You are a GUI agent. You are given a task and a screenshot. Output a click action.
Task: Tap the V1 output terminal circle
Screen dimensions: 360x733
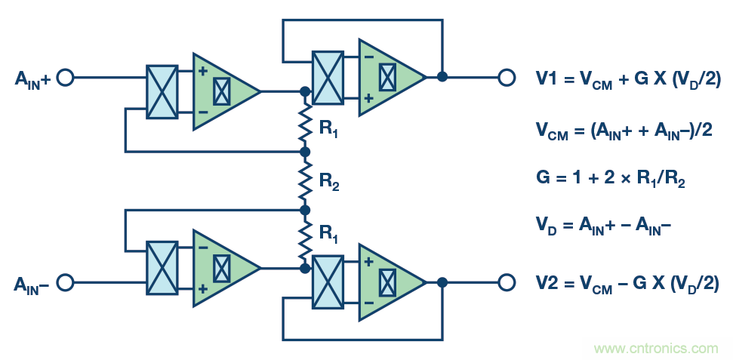click(506, 77)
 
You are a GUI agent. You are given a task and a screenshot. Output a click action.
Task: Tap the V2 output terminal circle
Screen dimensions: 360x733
click(506, 282)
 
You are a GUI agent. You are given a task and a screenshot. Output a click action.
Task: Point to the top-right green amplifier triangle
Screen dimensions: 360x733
click(387, 77)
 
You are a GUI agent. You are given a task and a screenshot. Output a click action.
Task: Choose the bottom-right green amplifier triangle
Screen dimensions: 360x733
click(387, 282)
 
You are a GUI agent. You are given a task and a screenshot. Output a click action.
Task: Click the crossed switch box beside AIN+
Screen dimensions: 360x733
click(162, 91)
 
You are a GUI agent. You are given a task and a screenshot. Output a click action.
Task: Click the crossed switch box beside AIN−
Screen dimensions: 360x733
click(162, 268)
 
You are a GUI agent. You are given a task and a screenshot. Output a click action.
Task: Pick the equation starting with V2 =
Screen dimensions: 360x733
click(627, 283)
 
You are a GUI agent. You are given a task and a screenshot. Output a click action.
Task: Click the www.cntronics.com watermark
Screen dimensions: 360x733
click(656, 348)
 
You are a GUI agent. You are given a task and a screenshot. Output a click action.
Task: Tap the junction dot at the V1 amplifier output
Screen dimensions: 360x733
click(442, 77)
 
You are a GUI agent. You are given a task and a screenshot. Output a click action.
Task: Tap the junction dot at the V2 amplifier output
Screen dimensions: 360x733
click(442, 282)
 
